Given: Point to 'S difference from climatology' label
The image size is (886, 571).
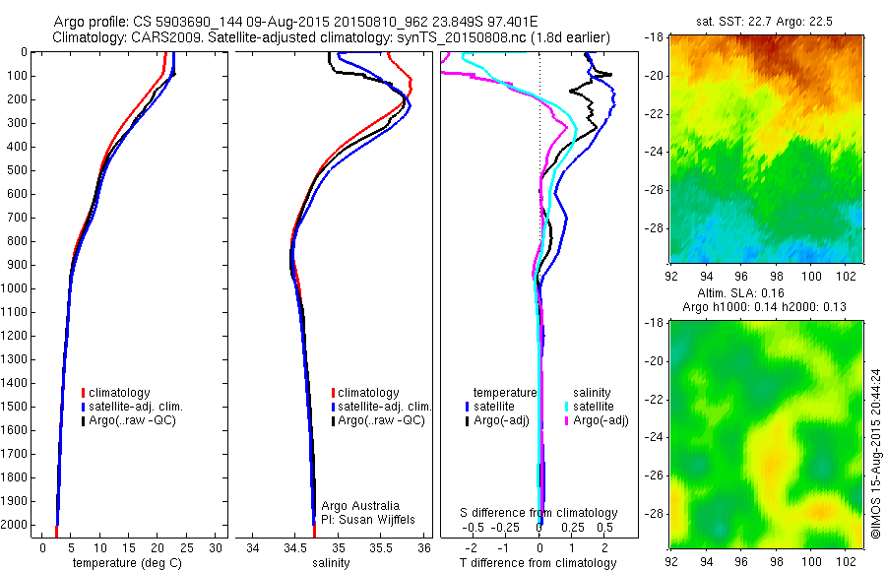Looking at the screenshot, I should point(539,513).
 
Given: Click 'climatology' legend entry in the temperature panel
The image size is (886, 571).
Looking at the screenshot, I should point(119,393).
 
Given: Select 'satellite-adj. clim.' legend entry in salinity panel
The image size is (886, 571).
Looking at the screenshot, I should point(384,407).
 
